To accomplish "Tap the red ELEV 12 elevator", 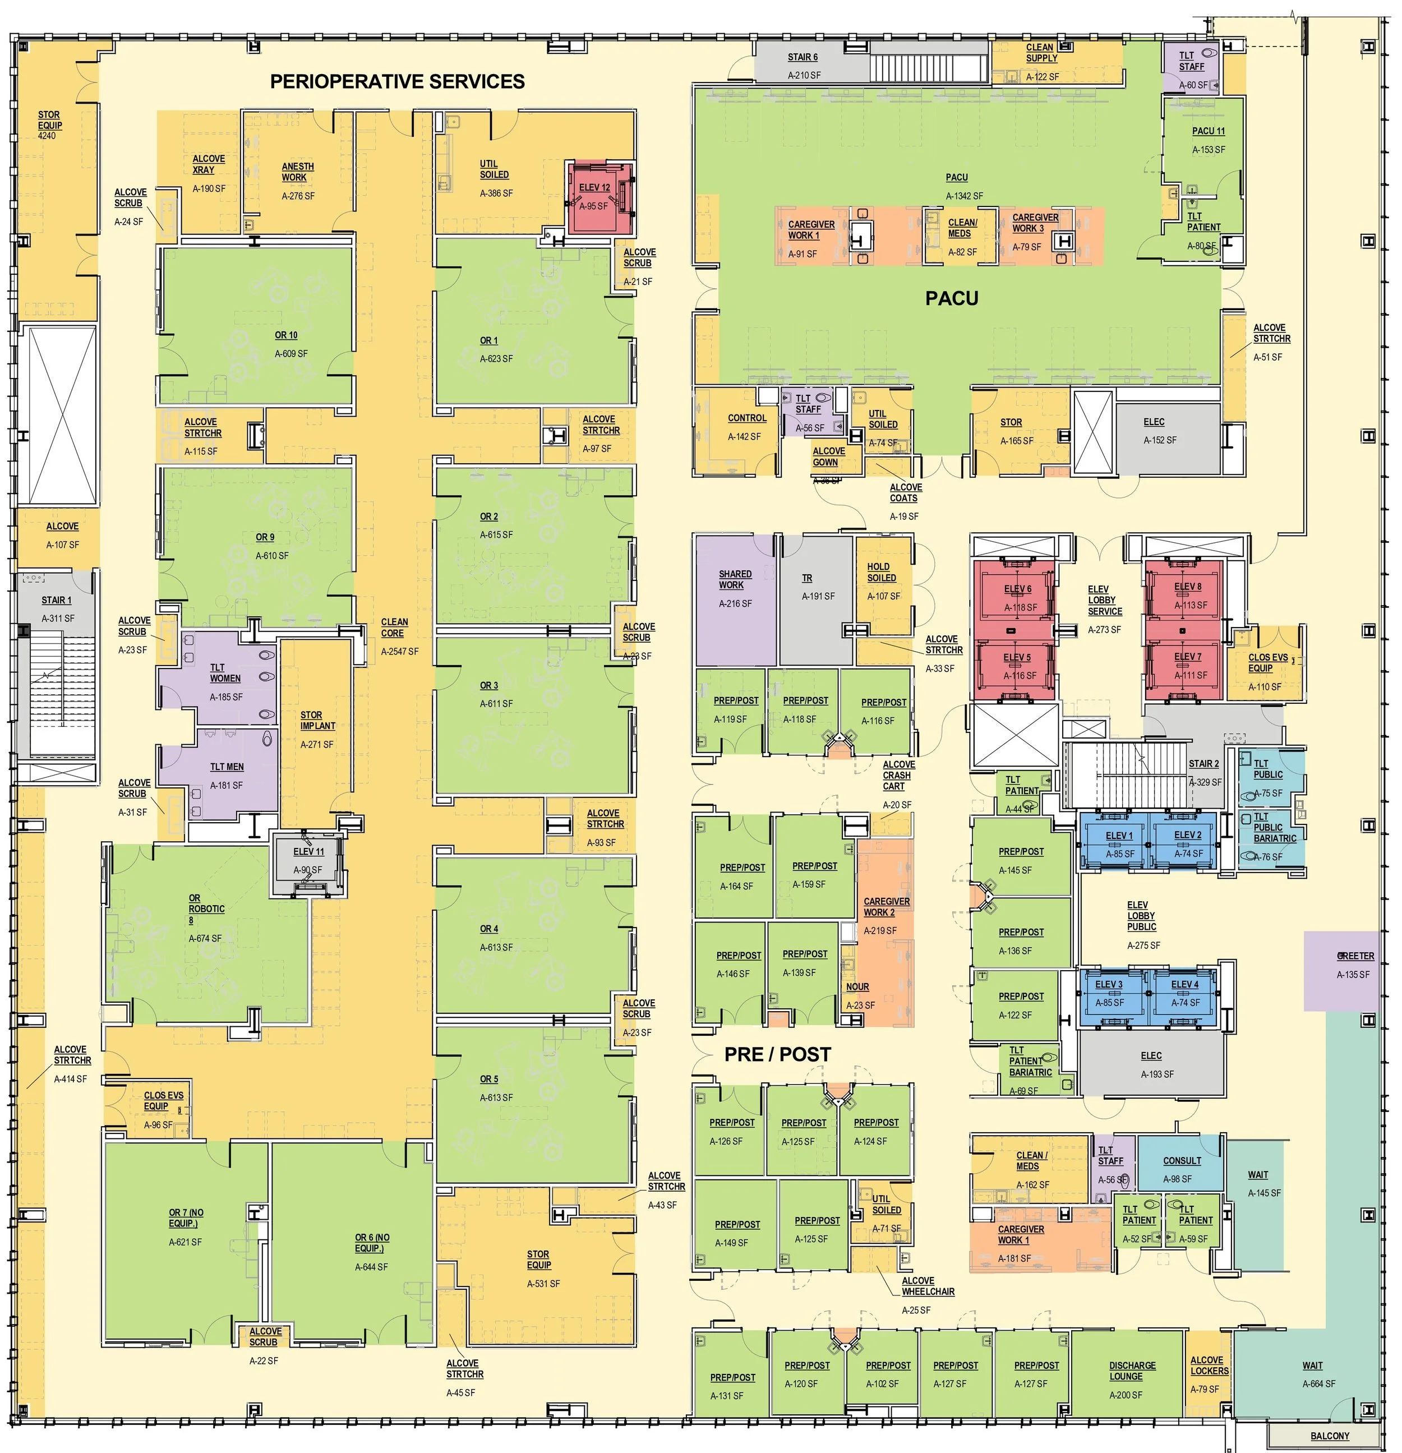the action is [600, 196].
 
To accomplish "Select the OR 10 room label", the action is [286, 335].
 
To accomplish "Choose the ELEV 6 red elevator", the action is [1017, 597].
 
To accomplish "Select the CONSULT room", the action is [1181, 1161].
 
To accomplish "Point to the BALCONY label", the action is [1329, 1436].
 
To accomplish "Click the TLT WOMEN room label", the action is [225, 673].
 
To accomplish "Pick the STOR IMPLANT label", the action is [317, 721].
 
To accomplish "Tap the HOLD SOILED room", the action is [882, 582].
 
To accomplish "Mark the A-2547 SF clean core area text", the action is [400, 652].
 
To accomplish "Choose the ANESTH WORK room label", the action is [297, 172].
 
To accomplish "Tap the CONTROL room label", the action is [746, 418].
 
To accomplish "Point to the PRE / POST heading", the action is [777, 1054].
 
